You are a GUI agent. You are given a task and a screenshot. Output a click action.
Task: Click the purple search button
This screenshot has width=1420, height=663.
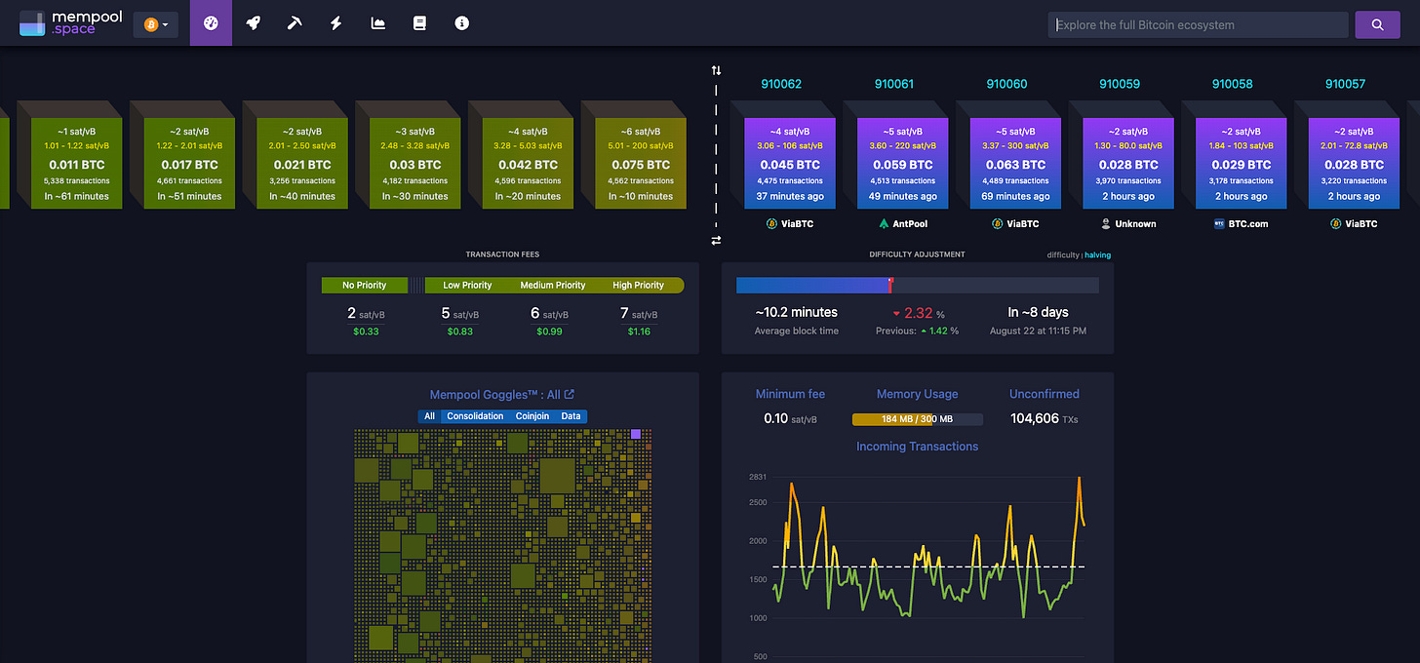[x=1377, y=24]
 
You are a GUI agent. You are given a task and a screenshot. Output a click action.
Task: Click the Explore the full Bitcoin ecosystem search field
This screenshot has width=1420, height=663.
[x=1198, y=24]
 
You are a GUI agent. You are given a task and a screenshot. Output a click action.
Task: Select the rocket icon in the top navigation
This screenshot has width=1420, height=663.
[x=253, y=23]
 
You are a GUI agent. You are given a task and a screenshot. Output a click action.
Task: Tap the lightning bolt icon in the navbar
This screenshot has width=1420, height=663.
[x=336, y=23]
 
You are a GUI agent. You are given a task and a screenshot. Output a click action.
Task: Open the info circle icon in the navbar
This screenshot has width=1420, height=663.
[x=462, y=23]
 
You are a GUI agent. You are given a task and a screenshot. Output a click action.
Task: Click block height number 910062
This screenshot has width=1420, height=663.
[x=781, y=84]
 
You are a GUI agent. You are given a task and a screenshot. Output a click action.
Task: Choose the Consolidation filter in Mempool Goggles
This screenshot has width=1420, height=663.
[x=475, y=416]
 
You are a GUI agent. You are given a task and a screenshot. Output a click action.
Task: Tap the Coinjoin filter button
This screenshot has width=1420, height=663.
[x=532, y=416]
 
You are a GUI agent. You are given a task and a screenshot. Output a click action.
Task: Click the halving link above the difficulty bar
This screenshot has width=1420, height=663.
[x=1097, y=255]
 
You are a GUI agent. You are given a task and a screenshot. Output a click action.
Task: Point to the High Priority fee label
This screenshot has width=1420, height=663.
[x=638, y=286]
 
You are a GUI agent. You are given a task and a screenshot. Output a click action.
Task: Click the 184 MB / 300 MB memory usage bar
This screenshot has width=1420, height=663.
[x=917, y=419]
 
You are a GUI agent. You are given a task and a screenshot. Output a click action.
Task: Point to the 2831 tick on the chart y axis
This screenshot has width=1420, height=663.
[x=758, y=477]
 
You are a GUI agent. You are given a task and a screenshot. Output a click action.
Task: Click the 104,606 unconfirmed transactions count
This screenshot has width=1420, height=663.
[x=1034, y=418]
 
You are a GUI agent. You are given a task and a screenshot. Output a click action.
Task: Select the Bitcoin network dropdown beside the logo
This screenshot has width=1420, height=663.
[x=156, y=24]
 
